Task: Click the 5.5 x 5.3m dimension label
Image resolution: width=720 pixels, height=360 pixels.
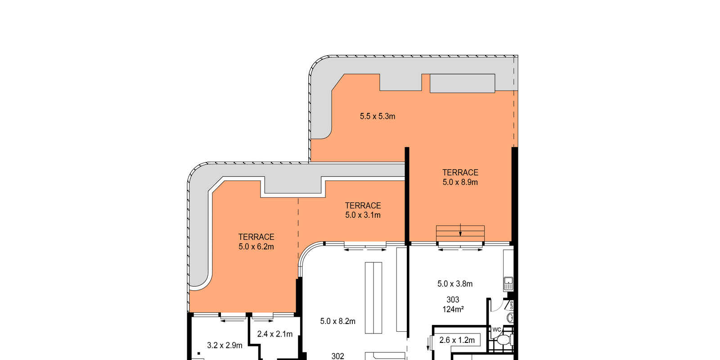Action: click(x=378, y=117)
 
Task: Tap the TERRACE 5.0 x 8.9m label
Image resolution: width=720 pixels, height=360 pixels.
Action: click(x=460, y=177)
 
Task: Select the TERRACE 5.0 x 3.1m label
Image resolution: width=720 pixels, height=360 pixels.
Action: click(x=363, y=210)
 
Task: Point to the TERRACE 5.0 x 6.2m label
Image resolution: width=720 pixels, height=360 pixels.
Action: click(x=256, y=242)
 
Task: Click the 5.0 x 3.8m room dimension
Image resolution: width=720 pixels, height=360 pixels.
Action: click(x=455, y=284)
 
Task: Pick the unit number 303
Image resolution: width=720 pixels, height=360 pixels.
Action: click(x=453, y=300)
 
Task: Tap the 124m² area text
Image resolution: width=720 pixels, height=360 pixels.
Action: click(x=453, y=309)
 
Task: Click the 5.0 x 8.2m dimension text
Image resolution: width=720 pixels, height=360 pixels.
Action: click(x=338, y=321)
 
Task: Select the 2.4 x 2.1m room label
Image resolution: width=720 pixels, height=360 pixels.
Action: click(x=275, y=334)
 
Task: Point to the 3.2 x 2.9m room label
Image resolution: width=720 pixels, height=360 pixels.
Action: click(x=225, y=346)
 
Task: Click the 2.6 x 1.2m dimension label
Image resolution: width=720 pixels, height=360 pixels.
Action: click(x=457, y=340)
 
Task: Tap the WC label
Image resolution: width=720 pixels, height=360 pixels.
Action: click(x=497, y=330)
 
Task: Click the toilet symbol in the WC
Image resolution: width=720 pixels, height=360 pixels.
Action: click(x=504, y=339)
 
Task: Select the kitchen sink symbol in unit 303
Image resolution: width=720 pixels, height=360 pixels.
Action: click(x=508, y=283)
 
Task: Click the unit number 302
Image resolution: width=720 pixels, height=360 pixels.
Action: click(x=338, y=356)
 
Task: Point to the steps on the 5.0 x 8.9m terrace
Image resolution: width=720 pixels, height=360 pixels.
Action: click(x=460, y=234)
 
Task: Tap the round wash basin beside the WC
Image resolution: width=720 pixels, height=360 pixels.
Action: click(x=510, y=318)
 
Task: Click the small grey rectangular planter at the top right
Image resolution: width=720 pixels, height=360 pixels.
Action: click(x=462, y=83)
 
